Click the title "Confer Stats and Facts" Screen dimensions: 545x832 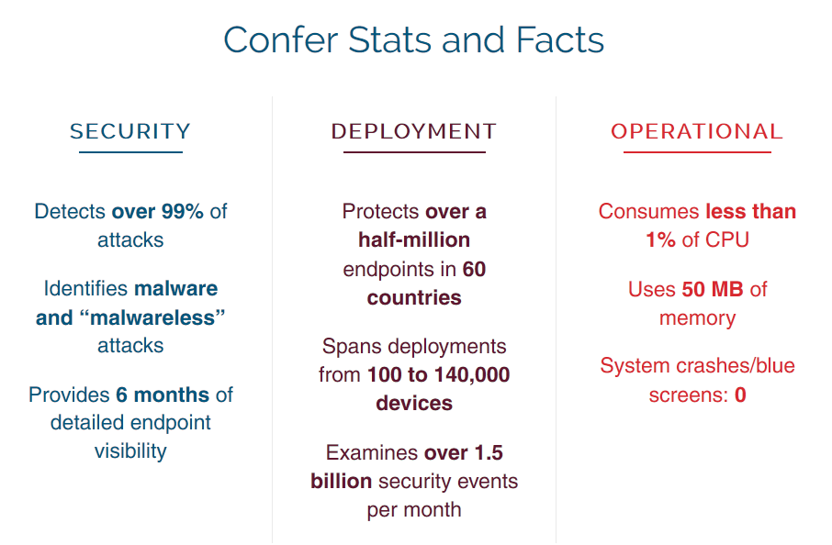(x=414, y=40)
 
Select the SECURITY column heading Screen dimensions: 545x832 (x=130, y=131)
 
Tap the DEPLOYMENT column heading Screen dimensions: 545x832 (x=414, y=131)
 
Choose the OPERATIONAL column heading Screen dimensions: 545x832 (x=697, y=131)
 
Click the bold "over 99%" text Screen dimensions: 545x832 (x=158, y=211)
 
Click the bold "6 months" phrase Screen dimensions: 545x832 (x=163, y=395)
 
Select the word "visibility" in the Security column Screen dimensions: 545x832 (x=130, y=451)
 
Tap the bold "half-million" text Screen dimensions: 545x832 (x=414, y=240)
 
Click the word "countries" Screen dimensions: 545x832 (x=414, y=298)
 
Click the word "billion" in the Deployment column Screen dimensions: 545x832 (x=342, y=482)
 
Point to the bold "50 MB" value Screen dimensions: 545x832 (x=713, y=289)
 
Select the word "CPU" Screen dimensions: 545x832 (x=727, y=240)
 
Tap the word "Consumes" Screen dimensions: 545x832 (x=648, y=211)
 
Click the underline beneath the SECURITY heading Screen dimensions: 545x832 (x=130, y=152)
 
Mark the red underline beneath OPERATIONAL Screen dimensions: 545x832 (x=697, y=152)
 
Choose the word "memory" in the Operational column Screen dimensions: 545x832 (x=697, y=318)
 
